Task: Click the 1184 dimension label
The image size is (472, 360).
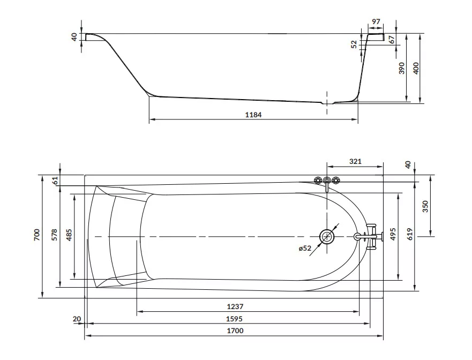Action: [253, 115]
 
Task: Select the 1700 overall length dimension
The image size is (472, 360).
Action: [235, 331]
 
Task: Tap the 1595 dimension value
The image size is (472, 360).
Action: [234, 318]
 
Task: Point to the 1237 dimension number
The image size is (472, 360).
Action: [235, 306]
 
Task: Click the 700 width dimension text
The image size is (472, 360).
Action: [37, 235]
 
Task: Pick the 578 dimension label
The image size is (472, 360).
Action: [55, 235]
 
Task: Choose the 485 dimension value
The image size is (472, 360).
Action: [69, 235]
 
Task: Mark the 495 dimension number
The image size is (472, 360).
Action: [393, 234]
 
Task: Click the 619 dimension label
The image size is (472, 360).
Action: [410, 234]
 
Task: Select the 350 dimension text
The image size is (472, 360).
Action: [425, 206]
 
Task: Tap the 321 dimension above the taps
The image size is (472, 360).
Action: [355, 161]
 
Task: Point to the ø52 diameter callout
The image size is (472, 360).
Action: [305, 248]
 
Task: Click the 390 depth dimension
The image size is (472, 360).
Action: [402, 69]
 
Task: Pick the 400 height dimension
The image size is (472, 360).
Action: [416, 69]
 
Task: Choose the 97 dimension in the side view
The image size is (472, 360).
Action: [376, 21]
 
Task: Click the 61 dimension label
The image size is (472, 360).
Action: [55, 181]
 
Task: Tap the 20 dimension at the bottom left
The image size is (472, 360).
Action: [77, 319]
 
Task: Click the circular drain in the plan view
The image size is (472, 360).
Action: [327, 237]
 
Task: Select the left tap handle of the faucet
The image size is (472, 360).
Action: [318, 181]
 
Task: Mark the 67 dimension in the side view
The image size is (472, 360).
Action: [391, 40]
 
